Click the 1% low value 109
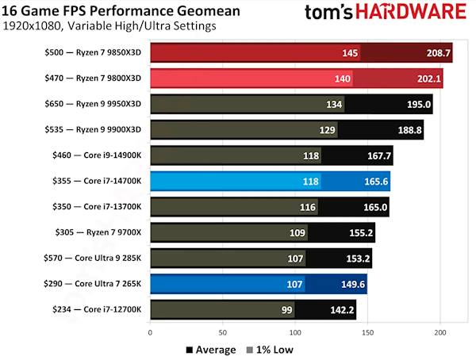297,233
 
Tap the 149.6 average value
353,284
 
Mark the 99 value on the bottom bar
286,309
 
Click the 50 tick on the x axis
223,334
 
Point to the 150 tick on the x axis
367,334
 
